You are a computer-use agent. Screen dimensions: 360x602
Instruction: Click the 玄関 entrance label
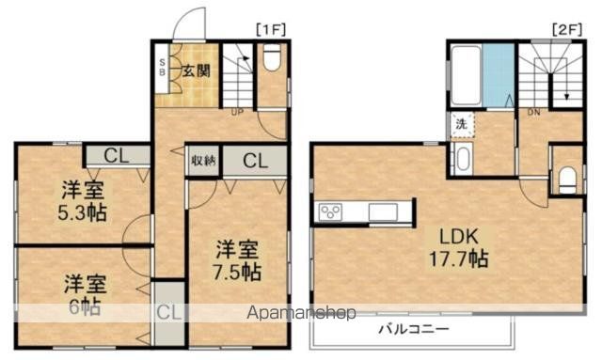[195, 70]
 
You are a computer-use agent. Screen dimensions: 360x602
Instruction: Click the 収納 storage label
[204, 161]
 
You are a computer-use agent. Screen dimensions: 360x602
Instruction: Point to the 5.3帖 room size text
[79, 212]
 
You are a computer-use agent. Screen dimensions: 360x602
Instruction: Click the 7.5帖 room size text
[237, 273]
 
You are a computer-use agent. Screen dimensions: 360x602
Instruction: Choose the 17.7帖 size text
[459, 258]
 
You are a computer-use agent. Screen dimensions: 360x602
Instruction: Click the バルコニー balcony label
[414, 330]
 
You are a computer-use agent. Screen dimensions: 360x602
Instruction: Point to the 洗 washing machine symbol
[462, 124]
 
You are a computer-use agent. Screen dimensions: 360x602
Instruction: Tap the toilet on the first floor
[272, 60]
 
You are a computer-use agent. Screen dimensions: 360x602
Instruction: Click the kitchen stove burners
[331, 212]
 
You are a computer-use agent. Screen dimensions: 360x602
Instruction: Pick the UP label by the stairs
[237, 113]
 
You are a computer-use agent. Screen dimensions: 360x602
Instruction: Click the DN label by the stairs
[533, 113]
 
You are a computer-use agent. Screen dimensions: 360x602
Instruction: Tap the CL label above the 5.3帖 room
[117, 156]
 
